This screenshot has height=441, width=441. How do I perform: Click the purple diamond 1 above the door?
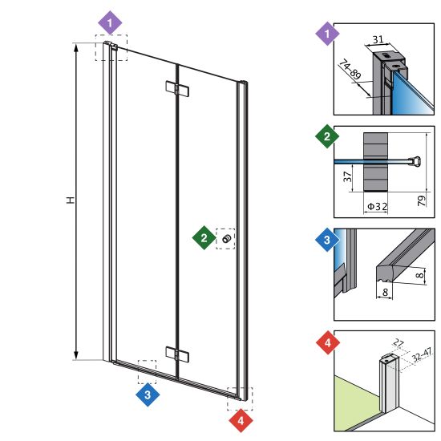point(110,22)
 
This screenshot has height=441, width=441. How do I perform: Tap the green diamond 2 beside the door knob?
point(204,237)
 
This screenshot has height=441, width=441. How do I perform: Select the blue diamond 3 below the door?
point(148,394)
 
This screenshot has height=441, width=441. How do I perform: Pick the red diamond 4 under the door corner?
point(241,420)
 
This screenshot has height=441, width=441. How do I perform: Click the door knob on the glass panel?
point(227,239)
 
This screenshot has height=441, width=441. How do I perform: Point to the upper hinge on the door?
point(177,88)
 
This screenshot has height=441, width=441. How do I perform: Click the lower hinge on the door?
point(177,354)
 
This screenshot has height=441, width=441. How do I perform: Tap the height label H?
point(71,200)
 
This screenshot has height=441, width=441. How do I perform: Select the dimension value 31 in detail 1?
point(378,39)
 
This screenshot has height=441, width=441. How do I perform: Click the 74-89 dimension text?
point(350,69)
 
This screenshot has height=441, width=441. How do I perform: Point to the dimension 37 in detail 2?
point(348,177)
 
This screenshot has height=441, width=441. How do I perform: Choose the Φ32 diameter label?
point(378,207)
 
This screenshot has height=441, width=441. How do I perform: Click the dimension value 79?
point(422,200)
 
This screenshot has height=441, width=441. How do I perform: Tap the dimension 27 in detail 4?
point(399,343)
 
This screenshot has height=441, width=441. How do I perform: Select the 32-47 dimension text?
point(422,355)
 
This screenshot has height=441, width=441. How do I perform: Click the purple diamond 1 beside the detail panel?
point(327,34)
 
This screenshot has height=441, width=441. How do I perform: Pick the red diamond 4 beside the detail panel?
point(328,342)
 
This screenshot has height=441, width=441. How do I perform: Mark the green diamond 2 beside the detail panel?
point(327,136)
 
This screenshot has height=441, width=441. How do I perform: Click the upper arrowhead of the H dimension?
point(75,48)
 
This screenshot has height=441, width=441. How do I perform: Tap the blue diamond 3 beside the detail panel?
point(327,240)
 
